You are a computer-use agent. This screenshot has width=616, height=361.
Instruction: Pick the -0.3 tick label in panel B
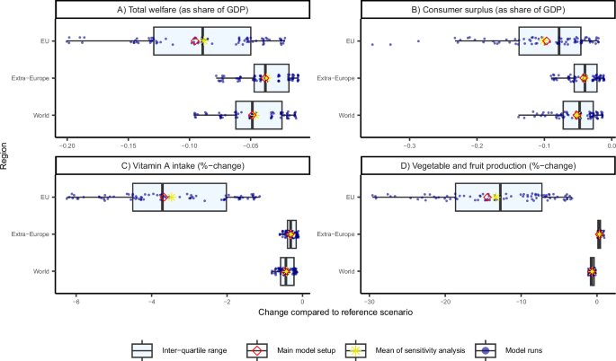pyautogui.click(x=409, y=145)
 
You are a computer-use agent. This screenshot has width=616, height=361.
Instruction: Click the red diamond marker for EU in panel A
pyautogui.click(x=195, y=41)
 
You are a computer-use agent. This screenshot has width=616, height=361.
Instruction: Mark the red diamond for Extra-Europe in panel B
pyautogui.click(x=584, y=78)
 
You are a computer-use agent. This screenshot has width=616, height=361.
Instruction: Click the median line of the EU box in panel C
pyautogui.click(x=162, y=197)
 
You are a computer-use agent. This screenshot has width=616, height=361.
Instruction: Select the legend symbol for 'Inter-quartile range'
pyautogui.click(x=140, y=350)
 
